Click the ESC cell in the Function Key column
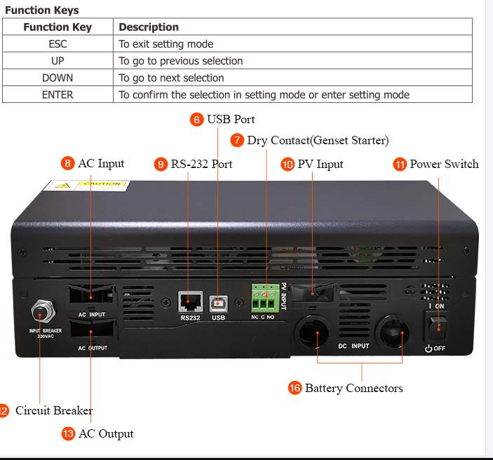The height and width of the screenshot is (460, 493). click(58, 44)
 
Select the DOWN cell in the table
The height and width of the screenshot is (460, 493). click(58, 78)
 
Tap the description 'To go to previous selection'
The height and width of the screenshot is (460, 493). click(180, 61)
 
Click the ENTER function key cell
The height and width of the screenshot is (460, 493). click(58, 95)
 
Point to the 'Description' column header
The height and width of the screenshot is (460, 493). click(149, 27)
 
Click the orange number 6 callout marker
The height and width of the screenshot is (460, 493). click(197, 120)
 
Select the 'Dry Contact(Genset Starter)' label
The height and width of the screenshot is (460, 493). click(318, 141)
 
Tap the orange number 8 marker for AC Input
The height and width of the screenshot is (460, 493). click(68, 164)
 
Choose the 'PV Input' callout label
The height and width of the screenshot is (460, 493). click(320, 164)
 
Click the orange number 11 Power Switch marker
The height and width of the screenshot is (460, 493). click(400, 165)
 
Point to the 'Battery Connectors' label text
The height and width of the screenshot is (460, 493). click(353, 388)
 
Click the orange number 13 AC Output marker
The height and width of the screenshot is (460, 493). click(68, 434)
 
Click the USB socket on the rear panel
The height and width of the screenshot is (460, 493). click(219, 302)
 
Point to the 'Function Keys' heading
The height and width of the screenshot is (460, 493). click(41, 10)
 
